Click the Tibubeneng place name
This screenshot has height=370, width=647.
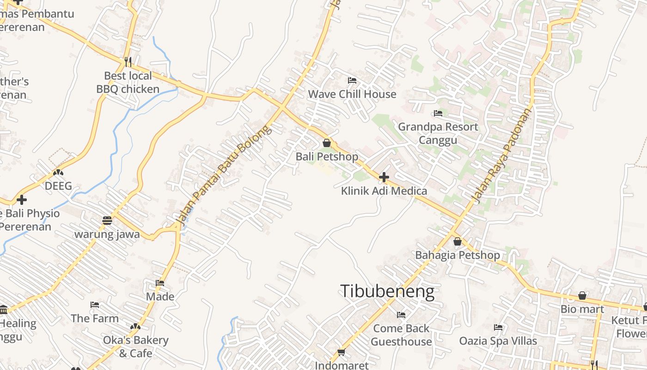pos(387,291)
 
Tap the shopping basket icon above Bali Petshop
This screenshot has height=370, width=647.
pos(327,143)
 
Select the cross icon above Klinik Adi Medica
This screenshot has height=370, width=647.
pos(384,177)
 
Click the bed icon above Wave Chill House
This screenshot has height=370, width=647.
pos(352,80)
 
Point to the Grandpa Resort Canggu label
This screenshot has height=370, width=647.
pos(438,133)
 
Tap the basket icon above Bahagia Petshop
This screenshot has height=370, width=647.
pos(458,241)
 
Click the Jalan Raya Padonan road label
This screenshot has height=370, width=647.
pos(501,155)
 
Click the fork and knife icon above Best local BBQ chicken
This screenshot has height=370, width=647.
pos(128,62)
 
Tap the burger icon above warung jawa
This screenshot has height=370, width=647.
pos(107,220)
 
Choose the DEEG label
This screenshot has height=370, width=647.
pos(58,186)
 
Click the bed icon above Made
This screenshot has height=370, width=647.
pos(160,283)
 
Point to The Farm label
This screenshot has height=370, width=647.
pos(95,318)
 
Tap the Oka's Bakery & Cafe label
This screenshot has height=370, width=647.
pos(135,346)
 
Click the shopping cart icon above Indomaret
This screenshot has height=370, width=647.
pos(342,352)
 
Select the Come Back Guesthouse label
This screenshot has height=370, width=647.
pos(401,335)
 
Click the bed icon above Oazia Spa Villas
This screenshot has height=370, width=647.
pos(498,327)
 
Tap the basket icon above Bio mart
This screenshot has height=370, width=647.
pos(582,296)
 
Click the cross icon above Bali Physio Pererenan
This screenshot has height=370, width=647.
pos(21,200)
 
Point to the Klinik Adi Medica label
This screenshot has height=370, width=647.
pos(384,191)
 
